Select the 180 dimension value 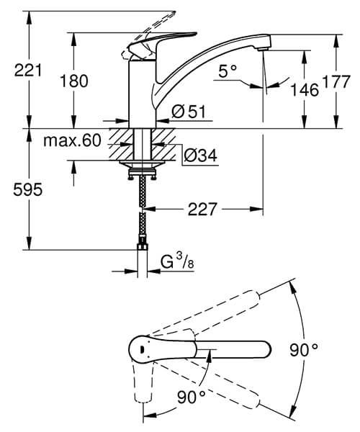tap(75, 81)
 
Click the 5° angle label tap(228, 71)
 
